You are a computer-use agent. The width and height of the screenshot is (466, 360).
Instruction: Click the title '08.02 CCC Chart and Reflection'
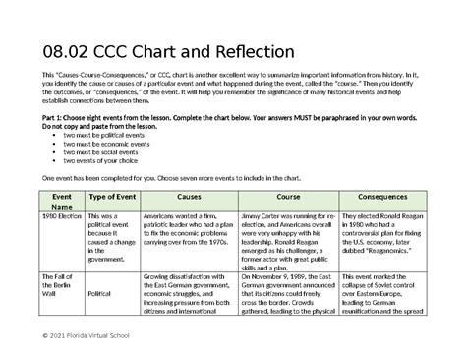click(161, 50)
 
